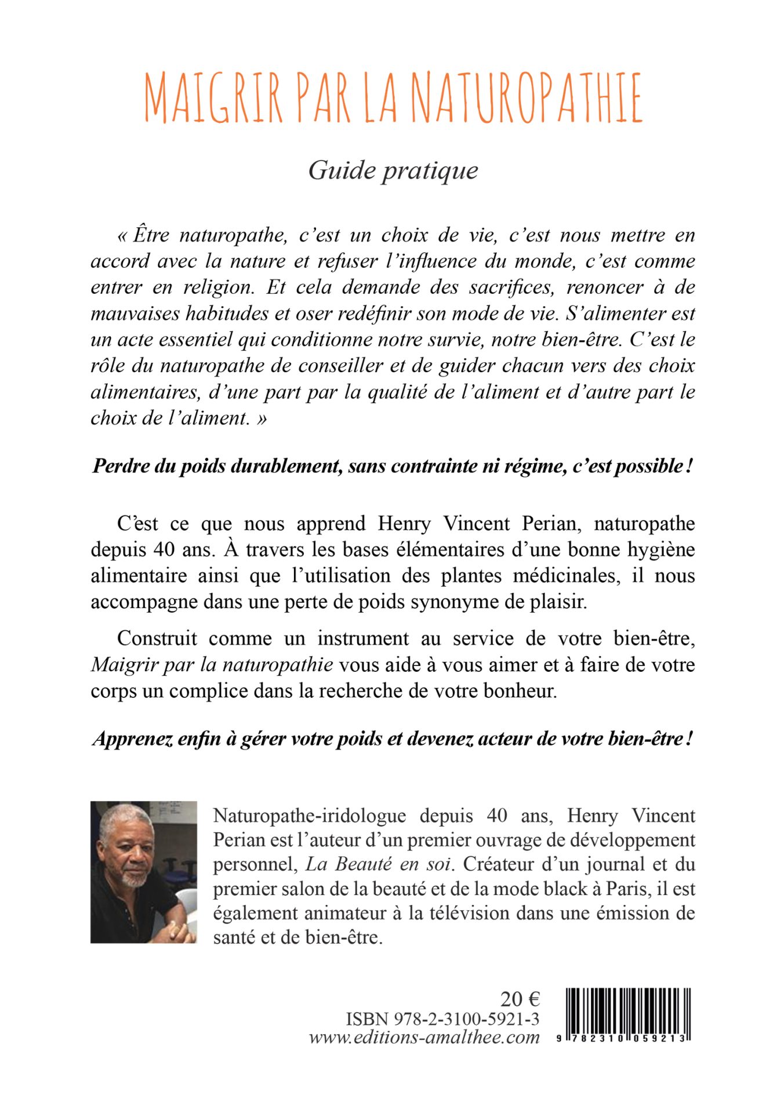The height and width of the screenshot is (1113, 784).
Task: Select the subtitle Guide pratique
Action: [393, 170]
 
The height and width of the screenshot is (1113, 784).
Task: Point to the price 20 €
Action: [520, 999]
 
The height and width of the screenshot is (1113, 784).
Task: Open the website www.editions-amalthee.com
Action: [424, 1037]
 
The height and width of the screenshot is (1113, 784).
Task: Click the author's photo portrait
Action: [143, 872]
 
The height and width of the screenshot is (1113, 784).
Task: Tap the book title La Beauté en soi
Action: [378, 864]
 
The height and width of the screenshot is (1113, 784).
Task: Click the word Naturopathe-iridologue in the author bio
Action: [310, 816]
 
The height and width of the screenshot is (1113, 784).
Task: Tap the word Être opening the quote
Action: [151, 235]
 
